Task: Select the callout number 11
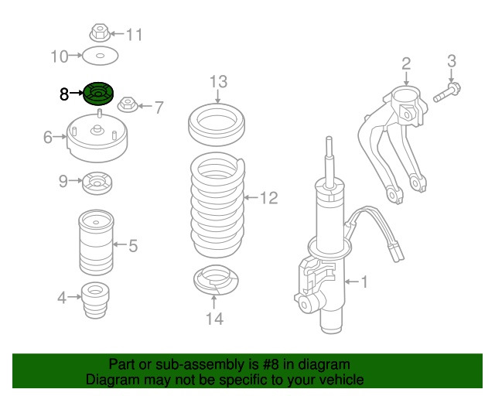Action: pos(135,34)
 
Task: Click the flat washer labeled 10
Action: pos(99,56)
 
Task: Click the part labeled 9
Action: pos(98,183)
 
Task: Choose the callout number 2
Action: pos(405,63)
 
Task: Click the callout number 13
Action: pos(218,81)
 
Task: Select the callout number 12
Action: pos(267,199)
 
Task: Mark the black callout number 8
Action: pos(64,94)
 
